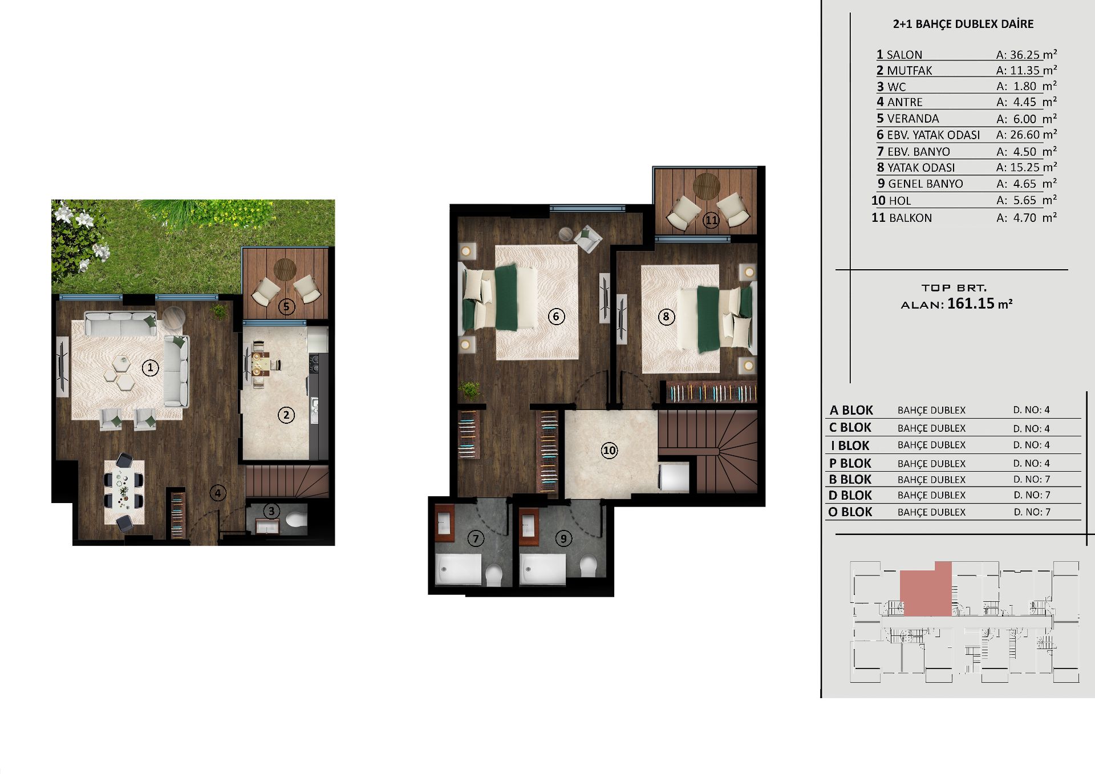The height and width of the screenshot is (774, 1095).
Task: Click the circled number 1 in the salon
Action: click(151, 367)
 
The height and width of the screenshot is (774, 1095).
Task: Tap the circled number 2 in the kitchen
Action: click(286, 415)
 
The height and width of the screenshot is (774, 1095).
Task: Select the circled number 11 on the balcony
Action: click(711, 220)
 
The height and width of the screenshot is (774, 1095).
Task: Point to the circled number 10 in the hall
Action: click(609, 451)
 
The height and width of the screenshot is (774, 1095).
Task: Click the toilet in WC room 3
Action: click(295, 520)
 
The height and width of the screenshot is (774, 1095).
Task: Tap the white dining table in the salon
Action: click(124, 492)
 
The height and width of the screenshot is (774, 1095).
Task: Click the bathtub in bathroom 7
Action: click(458, 569)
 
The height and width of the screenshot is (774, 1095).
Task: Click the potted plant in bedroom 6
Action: click(470, 390)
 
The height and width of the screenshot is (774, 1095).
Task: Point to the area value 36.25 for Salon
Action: click(1025, 55)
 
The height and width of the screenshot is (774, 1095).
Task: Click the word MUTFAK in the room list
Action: click(910, 71)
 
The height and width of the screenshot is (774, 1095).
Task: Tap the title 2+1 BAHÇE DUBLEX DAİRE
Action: click(963, 24)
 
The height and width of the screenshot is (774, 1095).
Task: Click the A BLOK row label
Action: click(851, 410)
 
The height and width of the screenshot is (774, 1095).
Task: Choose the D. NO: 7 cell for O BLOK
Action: click(1032, 512)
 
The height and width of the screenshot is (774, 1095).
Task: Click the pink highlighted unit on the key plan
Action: click(926, 590)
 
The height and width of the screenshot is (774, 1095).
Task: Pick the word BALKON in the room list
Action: click(910, 218)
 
